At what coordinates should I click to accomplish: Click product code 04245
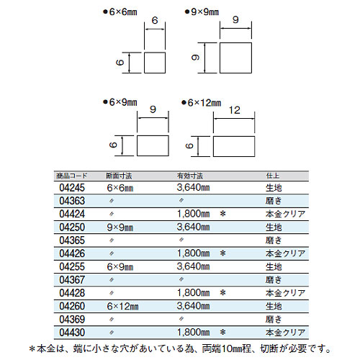pyautogui.click(x=72, y=188)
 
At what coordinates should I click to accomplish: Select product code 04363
pyautogui.click(x=72, y=201)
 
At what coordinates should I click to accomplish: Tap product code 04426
pyautogui.click(x=72, y=253)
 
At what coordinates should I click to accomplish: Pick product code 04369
pyautogui.click(x=72, y=320)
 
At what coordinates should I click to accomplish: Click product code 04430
pyautogui.click(x=72, y=333)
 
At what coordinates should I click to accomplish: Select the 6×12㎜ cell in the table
pyautogui.click(x=122, y=306)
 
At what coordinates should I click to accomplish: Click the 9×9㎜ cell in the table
pyautogui.click(x=120, y=228)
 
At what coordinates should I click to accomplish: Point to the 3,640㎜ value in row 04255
pyautogui.click(x=193, y=266)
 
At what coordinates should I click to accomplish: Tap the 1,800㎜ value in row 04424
pyautogui.click(x=193, y=214)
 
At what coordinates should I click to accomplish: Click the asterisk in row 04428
pyautogui.click(x=223, y=293)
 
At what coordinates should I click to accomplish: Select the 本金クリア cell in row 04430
pyautogui.click(x=285, y=333)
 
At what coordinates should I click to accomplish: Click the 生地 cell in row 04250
pyautogui.click(x=274, y=228)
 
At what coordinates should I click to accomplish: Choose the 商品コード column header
pyautogui.click(x=71, y=176)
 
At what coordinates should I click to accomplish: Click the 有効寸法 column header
pyautogui.click(x=190, y=176)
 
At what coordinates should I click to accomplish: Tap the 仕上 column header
pyautogui.click(x=273, y=176)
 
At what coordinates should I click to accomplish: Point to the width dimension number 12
pyautogui.click(x=234, y=110)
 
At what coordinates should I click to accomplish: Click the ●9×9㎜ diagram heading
pyautogui.click(x=202, y=12)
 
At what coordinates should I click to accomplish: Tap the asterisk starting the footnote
pyautogui.click(x=32, y=349)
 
